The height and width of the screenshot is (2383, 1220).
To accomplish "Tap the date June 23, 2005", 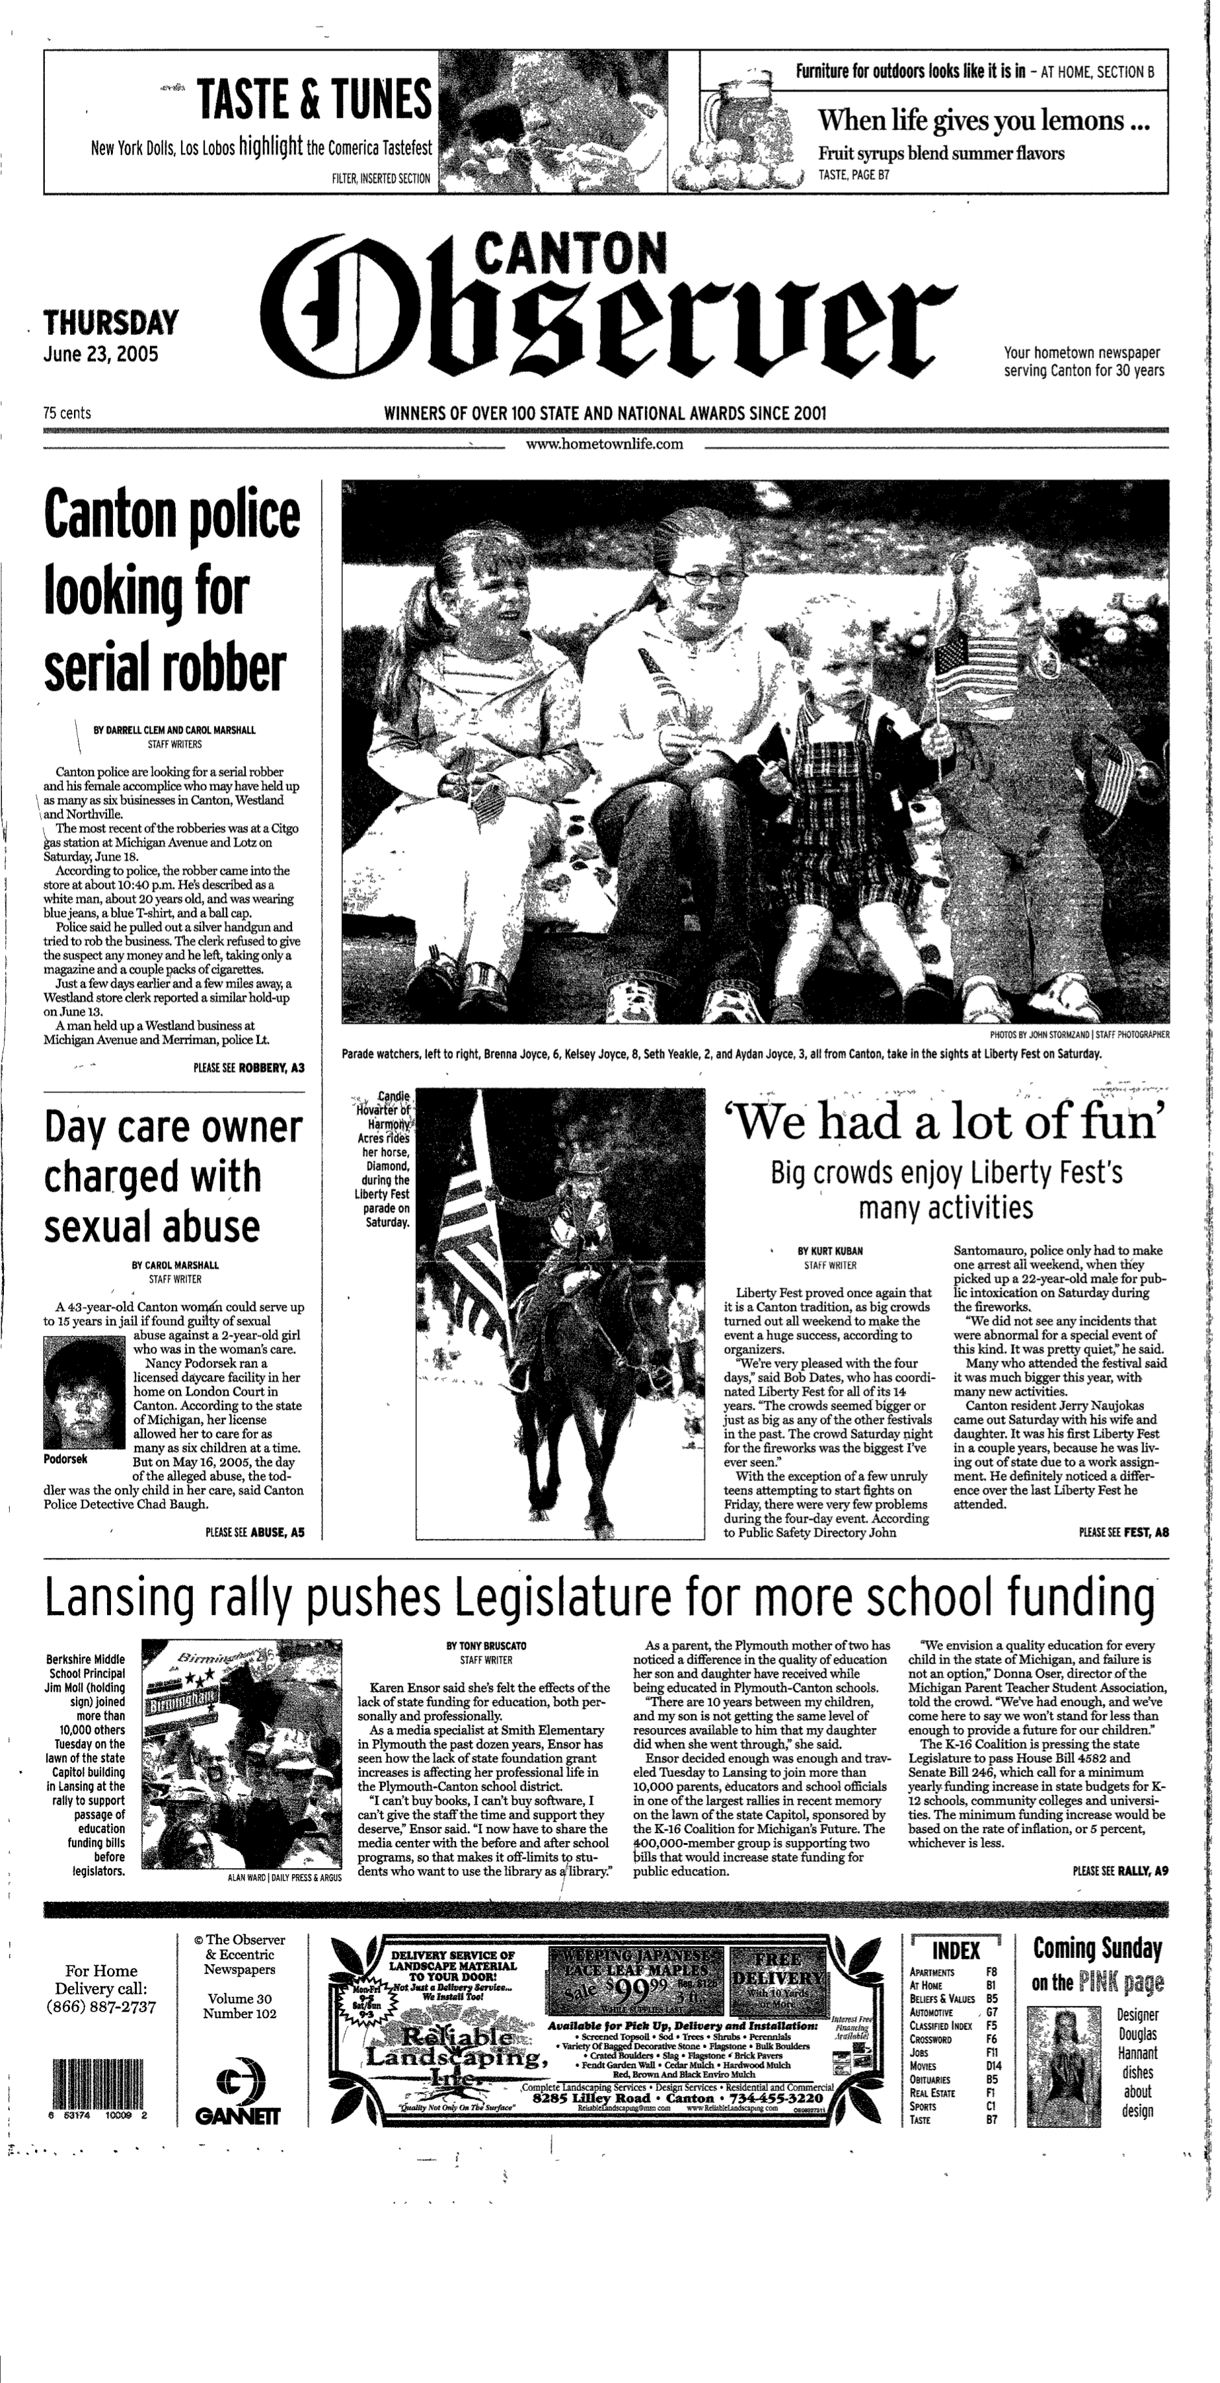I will [101, 354].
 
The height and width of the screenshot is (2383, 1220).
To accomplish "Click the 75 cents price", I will [67, 413].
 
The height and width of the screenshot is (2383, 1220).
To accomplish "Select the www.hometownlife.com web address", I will [604, 444].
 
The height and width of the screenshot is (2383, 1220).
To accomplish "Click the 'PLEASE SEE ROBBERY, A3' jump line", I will [248, 1068].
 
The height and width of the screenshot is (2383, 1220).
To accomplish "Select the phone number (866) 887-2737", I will [101, 2006].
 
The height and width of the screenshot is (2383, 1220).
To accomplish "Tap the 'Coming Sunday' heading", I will [1096, 1948].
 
